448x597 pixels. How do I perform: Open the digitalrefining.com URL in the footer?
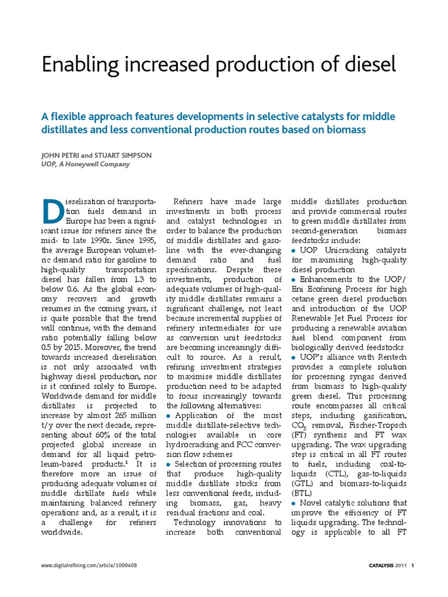(x=89, y=566)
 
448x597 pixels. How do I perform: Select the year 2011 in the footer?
(x=401, y=566)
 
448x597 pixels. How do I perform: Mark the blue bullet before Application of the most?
(x=169, y=415)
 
